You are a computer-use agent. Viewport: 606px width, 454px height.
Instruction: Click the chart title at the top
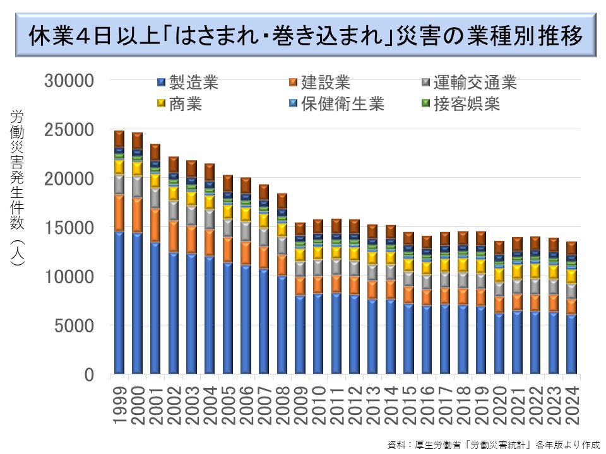[x=305, y=35]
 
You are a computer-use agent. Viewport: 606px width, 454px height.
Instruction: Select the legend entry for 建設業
[x=319, y=82]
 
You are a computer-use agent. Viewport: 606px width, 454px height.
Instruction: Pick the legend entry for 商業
[x=179, y=103]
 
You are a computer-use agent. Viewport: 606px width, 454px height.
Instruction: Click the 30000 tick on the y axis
[x=71, y=81]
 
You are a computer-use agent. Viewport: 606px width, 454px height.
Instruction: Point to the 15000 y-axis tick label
[x=71, y=228]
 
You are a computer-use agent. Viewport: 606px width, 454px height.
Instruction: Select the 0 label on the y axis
[x=88, y=375]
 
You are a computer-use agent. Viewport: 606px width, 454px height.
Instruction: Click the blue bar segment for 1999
[x=119, y=303]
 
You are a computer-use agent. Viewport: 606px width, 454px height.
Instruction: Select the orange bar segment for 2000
[x=137, y=214]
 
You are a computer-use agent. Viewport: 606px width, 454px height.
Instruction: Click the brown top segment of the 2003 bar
[x=191, y=168]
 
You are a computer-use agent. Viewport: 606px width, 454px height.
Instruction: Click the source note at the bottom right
[x=492, y=444]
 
